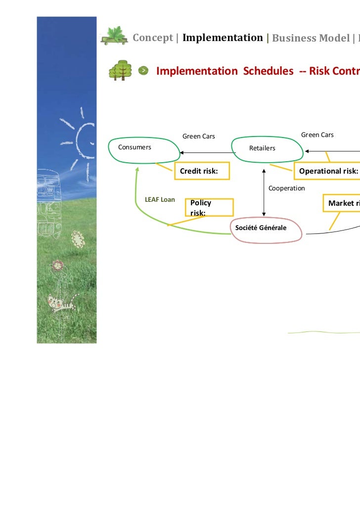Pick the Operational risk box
(327, 171)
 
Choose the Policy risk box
(207, 207)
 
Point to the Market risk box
(341, 203)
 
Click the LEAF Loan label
(159, 199)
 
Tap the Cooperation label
(286, 188)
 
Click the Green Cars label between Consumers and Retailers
(199, 136)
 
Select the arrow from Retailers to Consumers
(208, 152)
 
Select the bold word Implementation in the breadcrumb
(223, 38)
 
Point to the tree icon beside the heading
(120, 70)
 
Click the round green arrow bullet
(143, 71)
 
